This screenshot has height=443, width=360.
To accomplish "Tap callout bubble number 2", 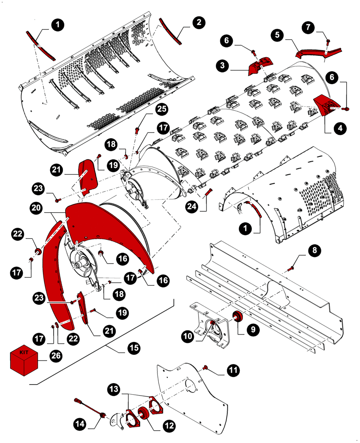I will click(x=198, y=22).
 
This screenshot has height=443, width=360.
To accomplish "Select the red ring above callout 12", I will click(x=143, y=415).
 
